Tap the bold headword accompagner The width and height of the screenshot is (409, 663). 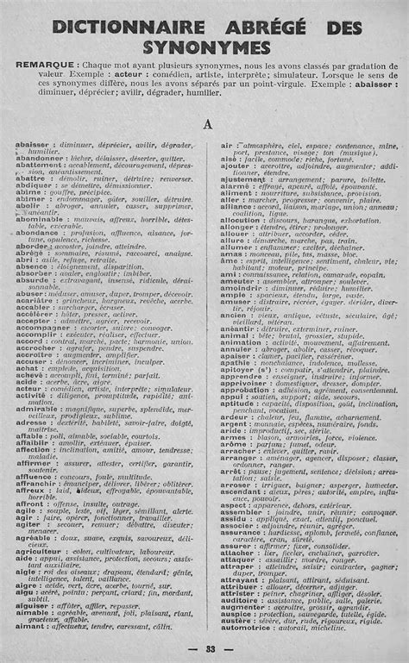[43, 328]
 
